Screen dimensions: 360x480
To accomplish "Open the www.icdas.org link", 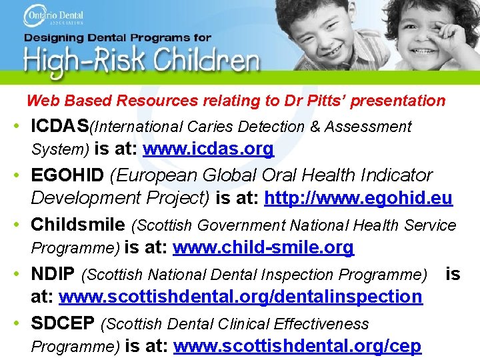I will [208, 149].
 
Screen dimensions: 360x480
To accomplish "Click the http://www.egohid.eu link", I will [358, 198].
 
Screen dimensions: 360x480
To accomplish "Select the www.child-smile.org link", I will [263, 247].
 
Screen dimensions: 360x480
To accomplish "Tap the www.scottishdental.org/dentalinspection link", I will [241, 296].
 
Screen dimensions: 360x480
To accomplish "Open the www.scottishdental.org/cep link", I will [297, 346].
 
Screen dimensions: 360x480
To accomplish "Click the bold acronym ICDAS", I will [60, 125].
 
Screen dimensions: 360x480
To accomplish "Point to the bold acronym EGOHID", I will [67, 175].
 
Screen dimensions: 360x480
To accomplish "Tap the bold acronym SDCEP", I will [63, 323].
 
